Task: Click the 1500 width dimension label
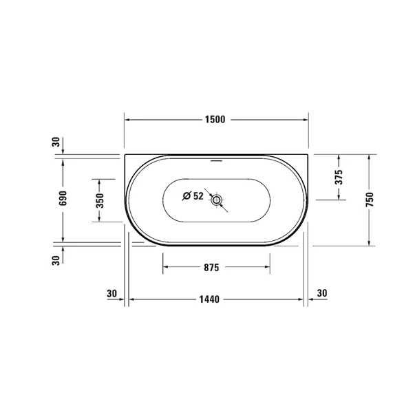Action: (215, 119)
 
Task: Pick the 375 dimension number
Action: (338, 178)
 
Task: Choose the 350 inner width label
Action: (99, 200)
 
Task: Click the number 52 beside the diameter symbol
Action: (198, 196)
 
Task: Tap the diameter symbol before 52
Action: (187, 196)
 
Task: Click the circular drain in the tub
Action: (217, 200)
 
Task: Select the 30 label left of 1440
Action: (112, 294)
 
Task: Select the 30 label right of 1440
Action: (321, 294)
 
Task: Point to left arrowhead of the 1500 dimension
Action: (127, 119)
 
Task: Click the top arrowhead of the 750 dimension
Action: (370, 158)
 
